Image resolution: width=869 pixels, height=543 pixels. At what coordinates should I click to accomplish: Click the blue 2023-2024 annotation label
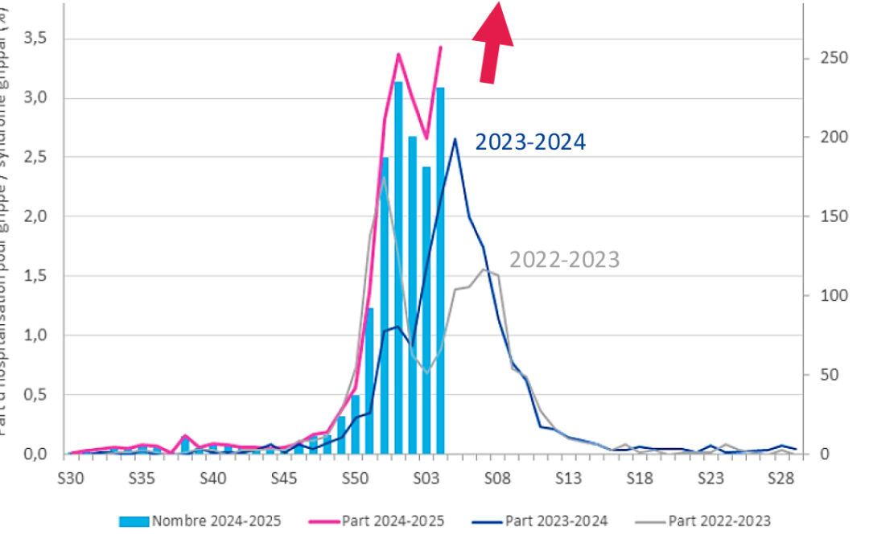530,142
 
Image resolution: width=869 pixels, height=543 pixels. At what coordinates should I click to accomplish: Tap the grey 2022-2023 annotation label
564,260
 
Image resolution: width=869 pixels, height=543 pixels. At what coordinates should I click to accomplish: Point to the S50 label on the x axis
355,478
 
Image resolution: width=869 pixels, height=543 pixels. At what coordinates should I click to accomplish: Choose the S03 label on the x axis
426,478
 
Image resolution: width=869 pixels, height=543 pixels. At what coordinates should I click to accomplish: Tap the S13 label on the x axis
568,478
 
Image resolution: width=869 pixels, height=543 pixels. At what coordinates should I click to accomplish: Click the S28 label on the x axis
781,478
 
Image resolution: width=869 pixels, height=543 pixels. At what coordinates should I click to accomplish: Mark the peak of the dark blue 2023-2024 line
455,139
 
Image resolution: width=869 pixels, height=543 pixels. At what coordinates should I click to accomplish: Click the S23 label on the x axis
710,478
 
